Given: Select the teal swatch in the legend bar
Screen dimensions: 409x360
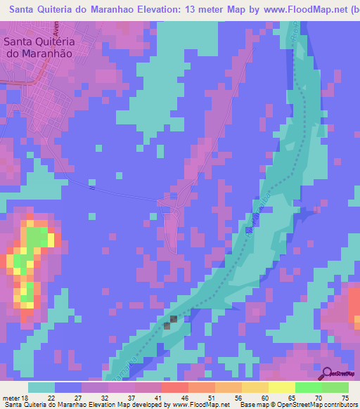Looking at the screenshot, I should (x=41, y=387).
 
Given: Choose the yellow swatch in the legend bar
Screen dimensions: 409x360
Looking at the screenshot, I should (x=281, y=387).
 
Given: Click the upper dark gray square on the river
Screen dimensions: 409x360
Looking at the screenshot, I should (x=173, y=319).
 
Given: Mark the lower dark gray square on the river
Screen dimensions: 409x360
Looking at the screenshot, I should (x=167, y=325).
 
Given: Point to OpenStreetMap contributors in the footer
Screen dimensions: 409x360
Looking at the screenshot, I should (x=319, y=405).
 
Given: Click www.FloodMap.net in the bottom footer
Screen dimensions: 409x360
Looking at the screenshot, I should (x=200, y=405).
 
